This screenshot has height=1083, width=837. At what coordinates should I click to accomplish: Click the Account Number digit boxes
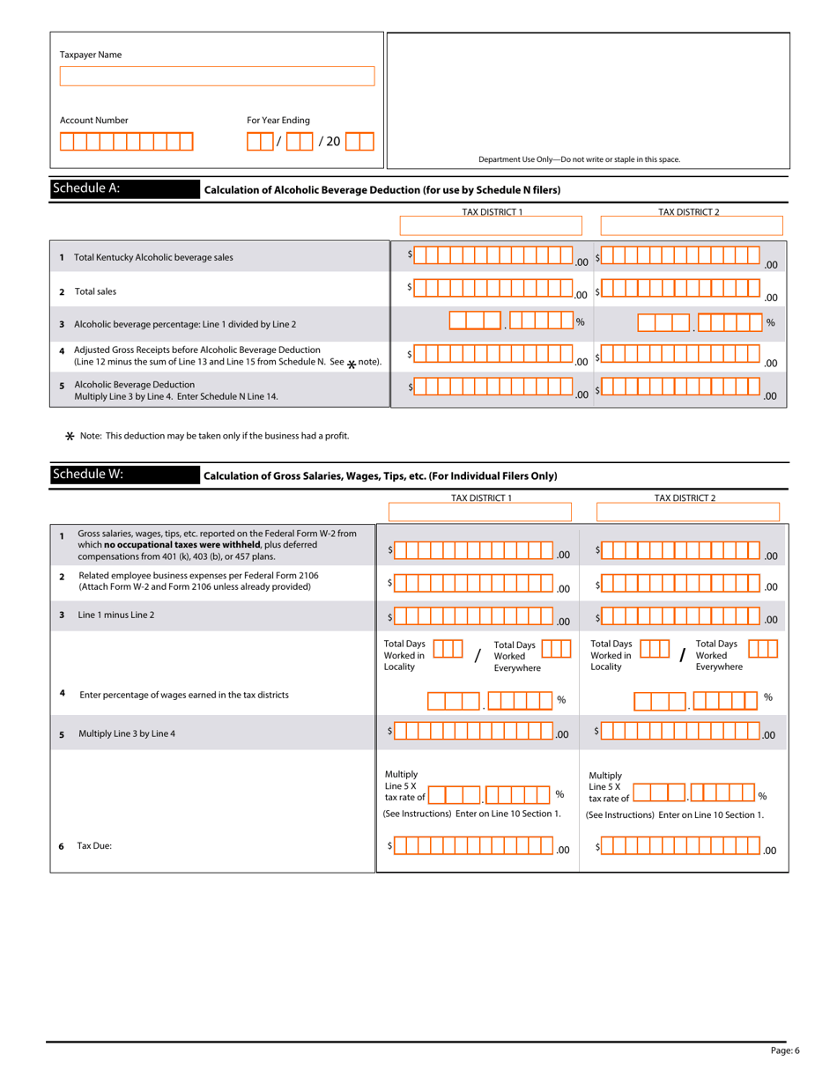click(x=126, y=142)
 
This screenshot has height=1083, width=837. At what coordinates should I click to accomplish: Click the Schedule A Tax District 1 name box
click(x=491, y=227)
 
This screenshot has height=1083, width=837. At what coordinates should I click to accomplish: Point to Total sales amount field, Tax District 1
click(x=492, y=290)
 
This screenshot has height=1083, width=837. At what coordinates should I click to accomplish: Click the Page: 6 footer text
click(x=784, y=1049)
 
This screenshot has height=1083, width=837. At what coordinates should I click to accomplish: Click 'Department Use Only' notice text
click(x=579, y=159)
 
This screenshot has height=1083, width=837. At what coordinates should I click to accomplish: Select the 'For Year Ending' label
click(x=278, y=120)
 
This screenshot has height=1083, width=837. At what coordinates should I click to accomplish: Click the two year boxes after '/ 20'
click(x=359, y=141)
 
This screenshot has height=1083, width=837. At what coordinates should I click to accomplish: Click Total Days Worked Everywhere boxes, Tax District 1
click(x=555, y=650)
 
